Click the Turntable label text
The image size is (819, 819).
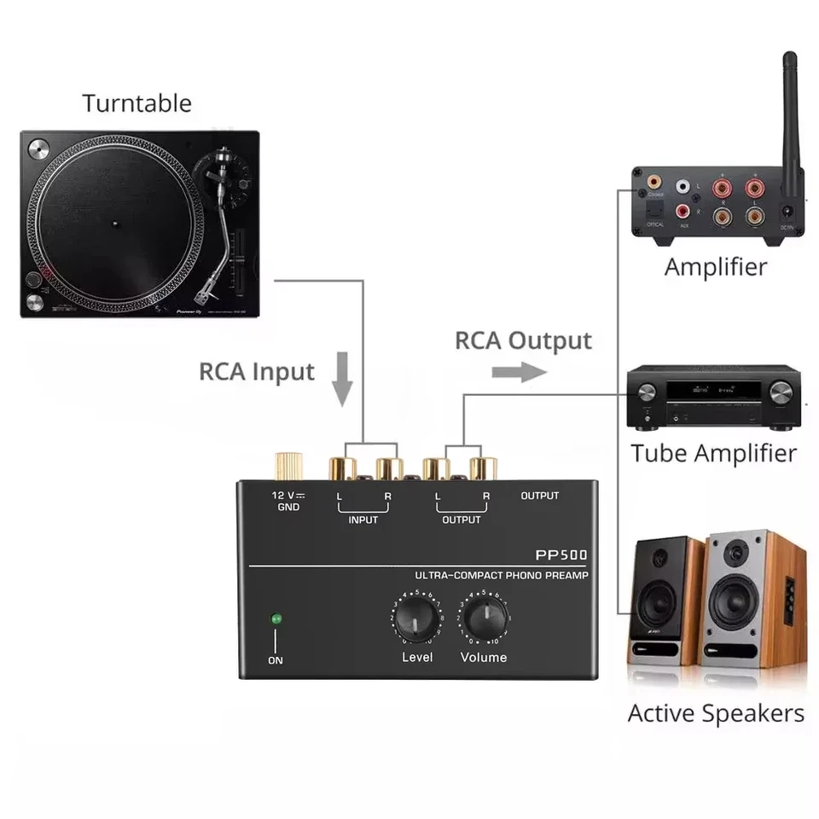tap(136, 104)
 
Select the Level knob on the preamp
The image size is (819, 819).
tap(417, 618)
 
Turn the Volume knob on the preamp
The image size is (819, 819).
tap(485, 616)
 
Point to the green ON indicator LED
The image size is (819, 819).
tap(276, 619)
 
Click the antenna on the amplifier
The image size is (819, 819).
tap(790, 128)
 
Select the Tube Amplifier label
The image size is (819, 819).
tap(713, 453)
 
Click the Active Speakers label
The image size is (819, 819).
tap(716, 713)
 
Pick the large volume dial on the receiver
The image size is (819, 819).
tap(780, 392)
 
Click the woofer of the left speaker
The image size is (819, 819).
tap(659, 602)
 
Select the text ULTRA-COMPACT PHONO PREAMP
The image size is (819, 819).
tap(501, 576)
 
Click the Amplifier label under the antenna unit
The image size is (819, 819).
tap(715, 266)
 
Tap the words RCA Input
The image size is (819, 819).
tap(256, 372)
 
